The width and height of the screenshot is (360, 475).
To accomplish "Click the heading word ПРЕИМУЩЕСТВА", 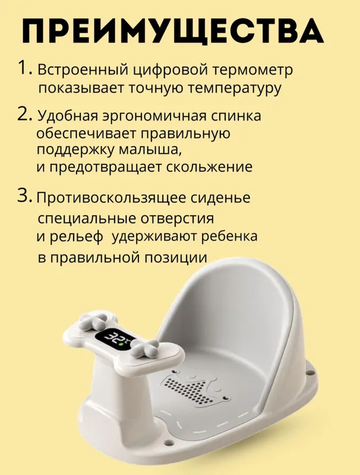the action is point(173,31).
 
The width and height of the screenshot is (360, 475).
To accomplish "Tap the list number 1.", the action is point(25,67).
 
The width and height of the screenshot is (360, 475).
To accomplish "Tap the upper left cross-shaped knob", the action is point(94,321).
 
